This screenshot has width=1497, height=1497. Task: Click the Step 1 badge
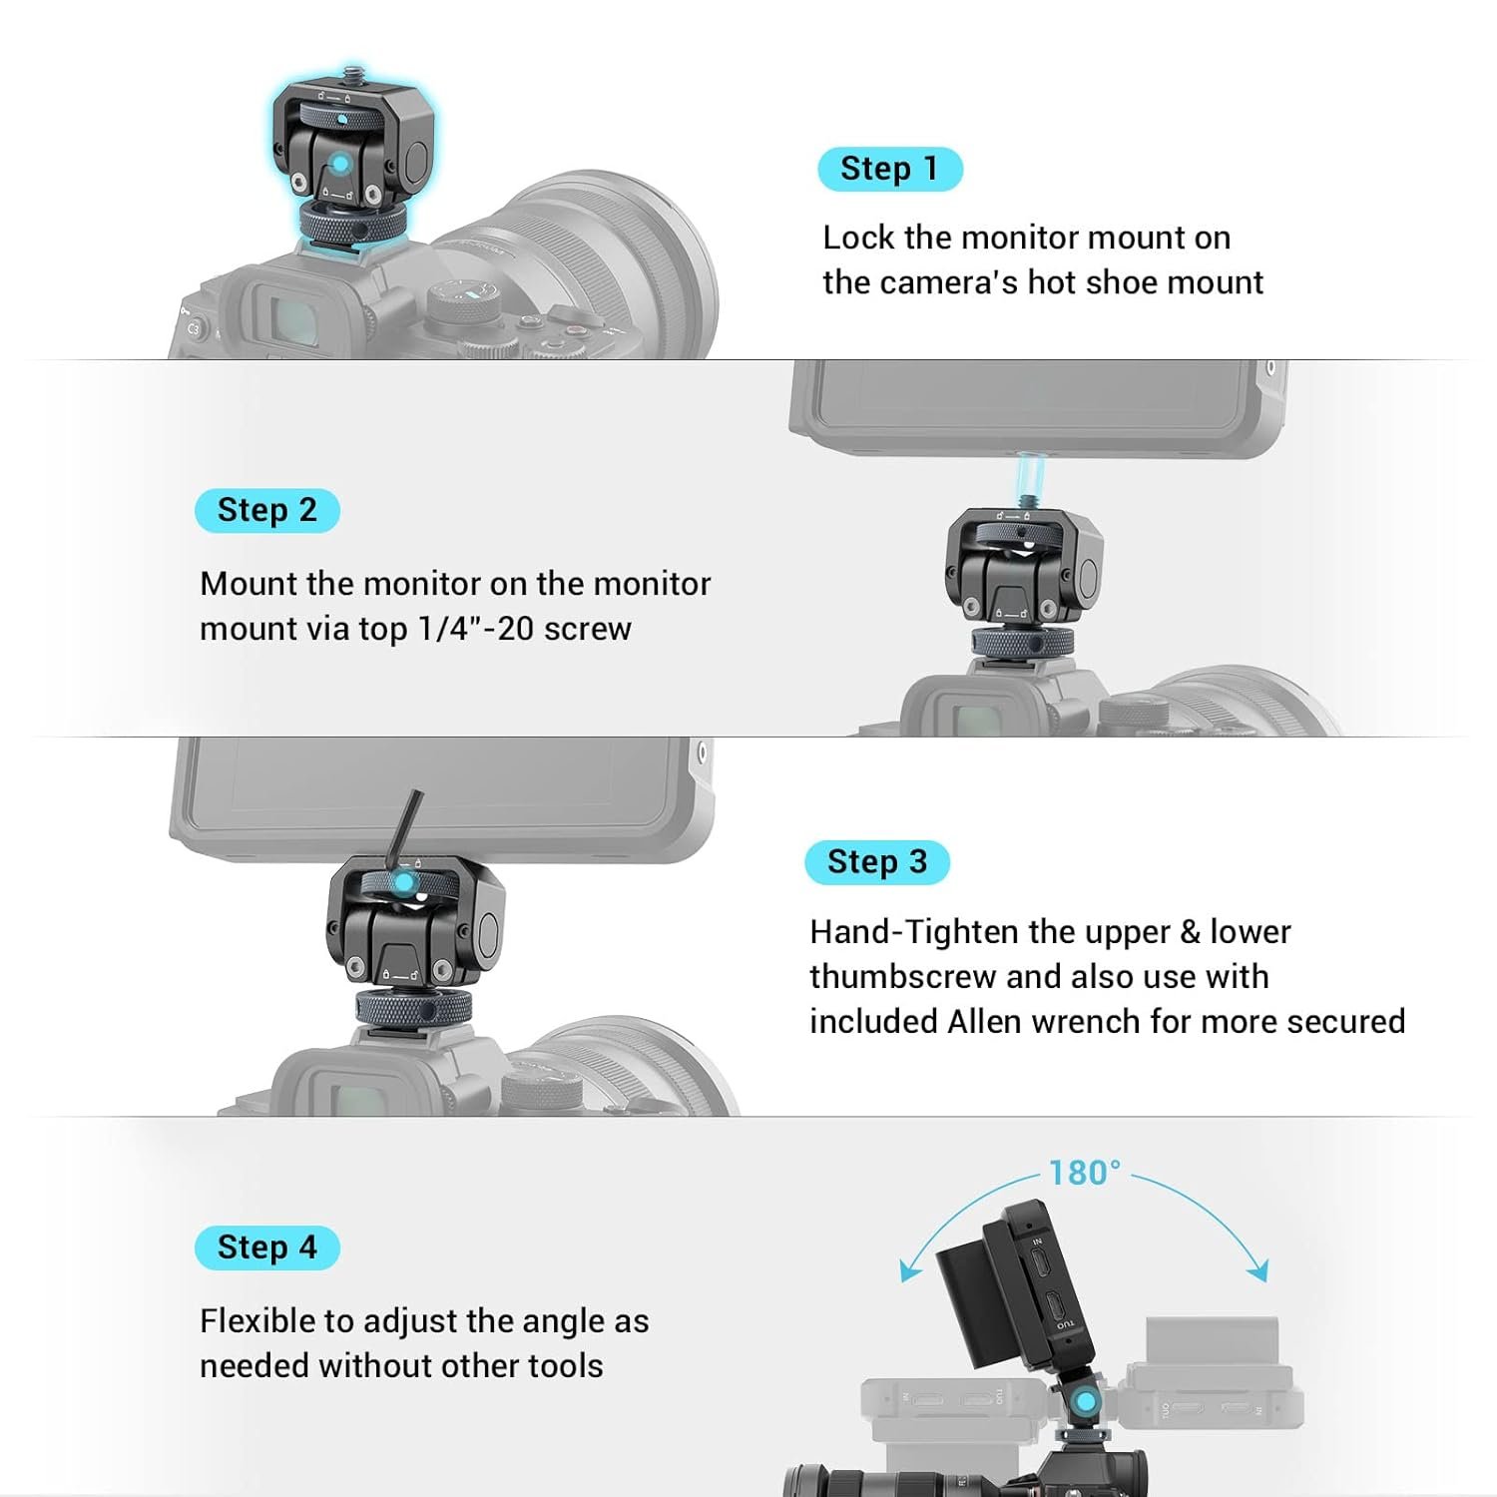890,169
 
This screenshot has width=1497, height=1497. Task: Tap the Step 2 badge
267,510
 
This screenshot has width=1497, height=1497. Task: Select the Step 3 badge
877,862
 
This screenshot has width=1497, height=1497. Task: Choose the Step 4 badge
267,1247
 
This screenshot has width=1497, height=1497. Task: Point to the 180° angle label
1085,1172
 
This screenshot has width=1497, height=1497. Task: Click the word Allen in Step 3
985,1021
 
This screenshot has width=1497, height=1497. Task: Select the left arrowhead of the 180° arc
908,1270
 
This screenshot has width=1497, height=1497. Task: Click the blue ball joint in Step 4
1082,1400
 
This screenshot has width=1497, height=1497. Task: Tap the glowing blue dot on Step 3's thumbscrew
402,882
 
